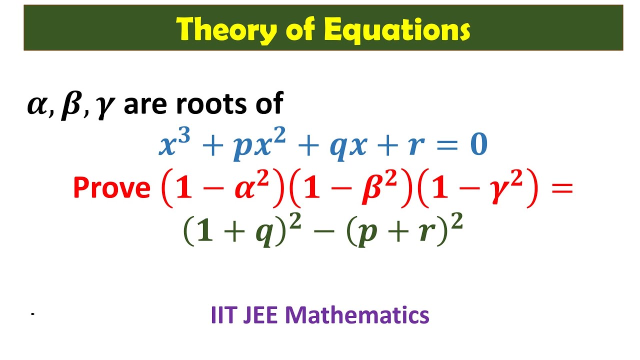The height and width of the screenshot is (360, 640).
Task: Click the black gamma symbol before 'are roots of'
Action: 103,107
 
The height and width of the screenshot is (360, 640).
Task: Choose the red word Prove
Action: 111,188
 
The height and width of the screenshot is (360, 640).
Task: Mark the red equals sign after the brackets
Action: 561,188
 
